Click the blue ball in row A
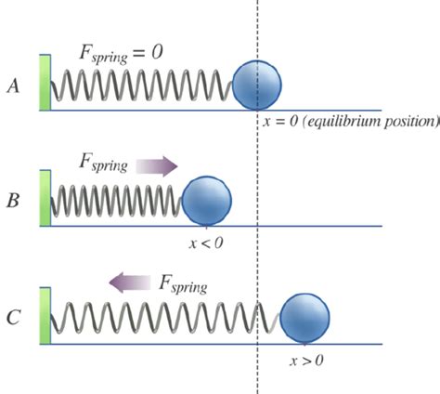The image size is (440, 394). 257,84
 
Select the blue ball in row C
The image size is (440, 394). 305,316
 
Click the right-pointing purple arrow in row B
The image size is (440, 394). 155,165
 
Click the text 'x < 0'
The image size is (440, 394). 205,243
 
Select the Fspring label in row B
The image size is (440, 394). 105,165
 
